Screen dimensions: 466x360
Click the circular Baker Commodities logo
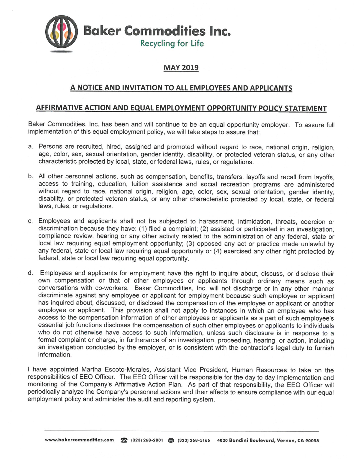(61, 32)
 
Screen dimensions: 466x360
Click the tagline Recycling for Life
(172, 44)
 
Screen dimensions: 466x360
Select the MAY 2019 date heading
(181, 68)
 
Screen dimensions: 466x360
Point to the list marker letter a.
(30, 147)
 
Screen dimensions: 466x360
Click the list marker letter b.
(30, 176)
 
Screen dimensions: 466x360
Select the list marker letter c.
(30, 221)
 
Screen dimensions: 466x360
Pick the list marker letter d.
(30, 273)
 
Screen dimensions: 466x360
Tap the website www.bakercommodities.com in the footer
(79, 440)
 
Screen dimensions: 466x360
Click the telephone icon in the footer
(124, 440)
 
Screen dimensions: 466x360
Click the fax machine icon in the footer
(171, 440)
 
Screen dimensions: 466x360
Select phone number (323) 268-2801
(147, 440)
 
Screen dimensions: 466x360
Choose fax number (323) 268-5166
(194, 440)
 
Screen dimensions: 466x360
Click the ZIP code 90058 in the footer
(312, 440)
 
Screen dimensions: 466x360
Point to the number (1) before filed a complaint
(143, 229)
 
